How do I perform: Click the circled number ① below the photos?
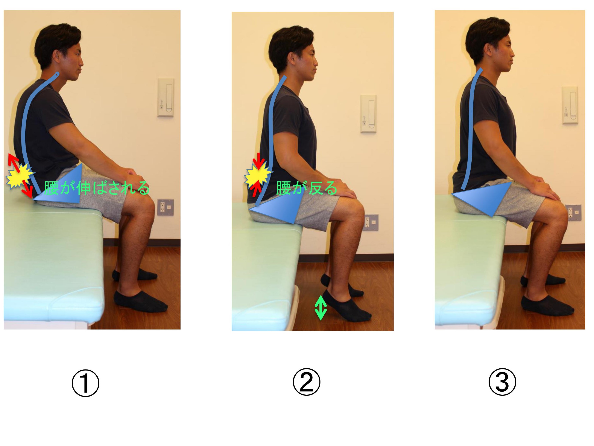pos(85,383)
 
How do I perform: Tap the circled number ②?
pos(306,382)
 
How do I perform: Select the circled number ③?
pos(502,382)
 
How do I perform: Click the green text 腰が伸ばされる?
pos(97,188)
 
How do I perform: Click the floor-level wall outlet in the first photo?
pos(165,207)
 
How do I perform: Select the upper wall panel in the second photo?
pos(368,114)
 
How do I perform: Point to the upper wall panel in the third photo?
pos(570,105)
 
